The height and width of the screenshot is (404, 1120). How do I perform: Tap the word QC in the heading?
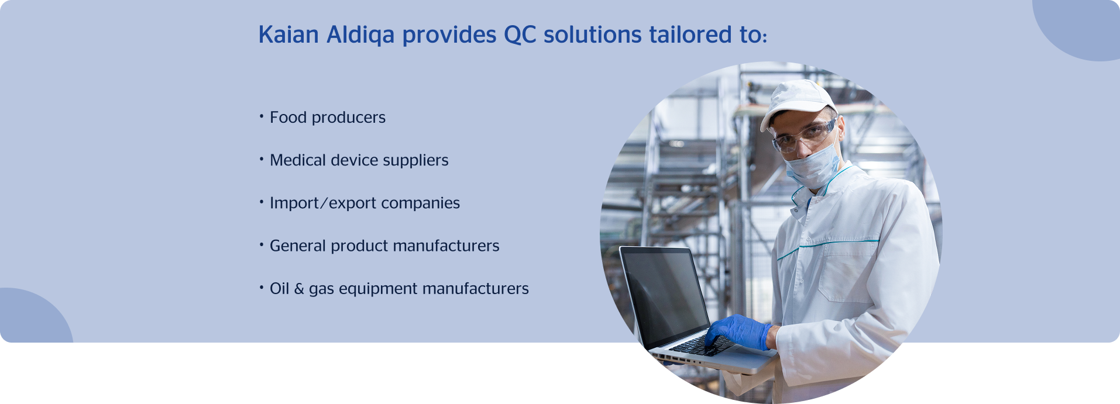(520, 34)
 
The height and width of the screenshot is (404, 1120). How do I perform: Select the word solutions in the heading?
(593, 34)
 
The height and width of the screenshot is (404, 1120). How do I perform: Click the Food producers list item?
(328, 118)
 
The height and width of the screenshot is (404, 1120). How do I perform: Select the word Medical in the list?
(298, 160)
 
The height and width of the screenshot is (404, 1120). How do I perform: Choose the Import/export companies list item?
(365, 203)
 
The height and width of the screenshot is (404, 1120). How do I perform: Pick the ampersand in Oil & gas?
(299, 289)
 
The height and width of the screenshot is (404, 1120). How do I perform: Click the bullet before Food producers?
(262, 116)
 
